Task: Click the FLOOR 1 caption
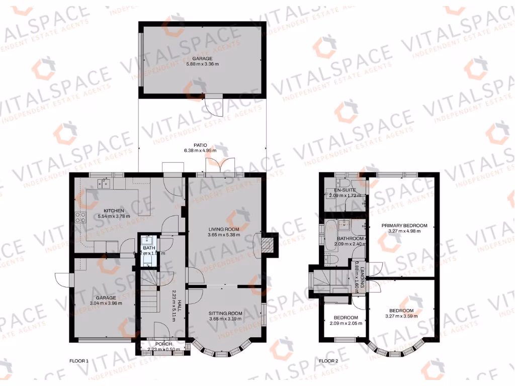pyautogui.click(x=78, y=361)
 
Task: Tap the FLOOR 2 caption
pyautogui.click(x=329, y=361)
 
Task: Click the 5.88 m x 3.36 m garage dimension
pyautogui.click(x=203, y=64)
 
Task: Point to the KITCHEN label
pyautogui.click(x=114, y=211)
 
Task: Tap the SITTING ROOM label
pyautogui.click(x=226, y=313)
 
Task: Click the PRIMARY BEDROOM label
pyautogui.click(x=404, y=226)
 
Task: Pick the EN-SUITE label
pyautogui.click(x=345, y=190)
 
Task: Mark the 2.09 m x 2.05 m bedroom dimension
pyautogui.click(x=345, y=323)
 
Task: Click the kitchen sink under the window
pyautogui.click(x=106, y=182)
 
